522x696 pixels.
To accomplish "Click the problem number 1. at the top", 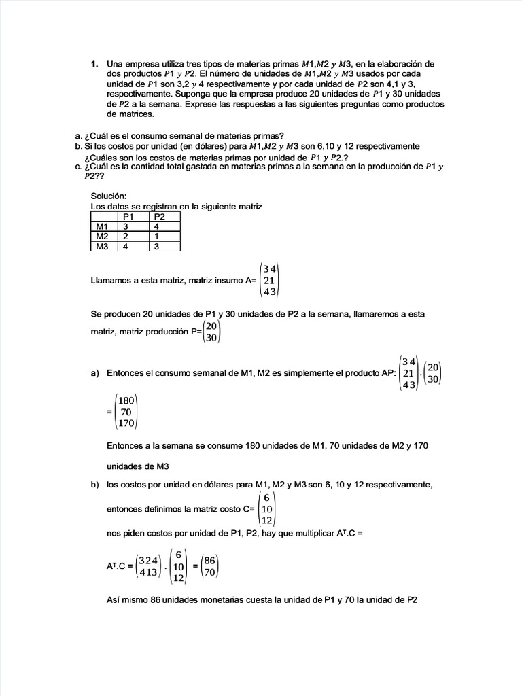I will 95,64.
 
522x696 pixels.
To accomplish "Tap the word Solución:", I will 108,196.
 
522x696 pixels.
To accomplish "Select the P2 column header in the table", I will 160,217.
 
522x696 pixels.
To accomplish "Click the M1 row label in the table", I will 103,226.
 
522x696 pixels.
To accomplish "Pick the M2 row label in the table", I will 103,237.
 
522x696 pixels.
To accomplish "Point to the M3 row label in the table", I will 103,247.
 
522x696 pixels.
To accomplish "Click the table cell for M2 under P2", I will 156,237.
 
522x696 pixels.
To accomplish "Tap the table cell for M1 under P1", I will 124,226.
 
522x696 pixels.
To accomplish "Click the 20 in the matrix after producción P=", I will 211,326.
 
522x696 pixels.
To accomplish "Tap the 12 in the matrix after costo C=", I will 267,520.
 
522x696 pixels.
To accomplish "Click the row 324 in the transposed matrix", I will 147,561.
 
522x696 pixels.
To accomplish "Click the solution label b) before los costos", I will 94,485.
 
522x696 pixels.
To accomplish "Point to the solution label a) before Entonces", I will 94,373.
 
